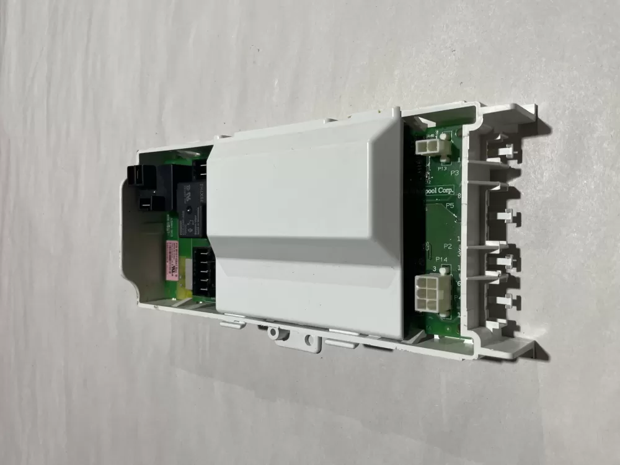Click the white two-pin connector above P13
[427, 148]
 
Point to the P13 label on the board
[443, 168]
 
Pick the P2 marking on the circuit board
[448, 246]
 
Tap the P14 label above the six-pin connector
[442, 259]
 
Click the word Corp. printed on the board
[445, 191]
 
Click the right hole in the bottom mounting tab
[308, 340]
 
